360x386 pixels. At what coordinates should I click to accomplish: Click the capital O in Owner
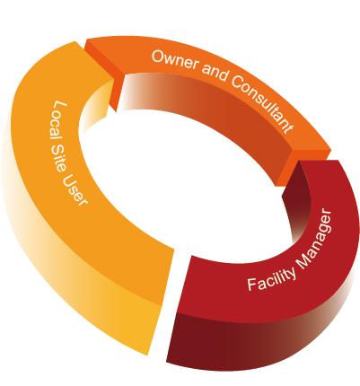[x=158, y=56]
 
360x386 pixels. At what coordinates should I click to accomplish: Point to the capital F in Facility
[x=252, y=285]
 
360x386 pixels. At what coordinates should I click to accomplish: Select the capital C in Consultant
[x=237, y=81]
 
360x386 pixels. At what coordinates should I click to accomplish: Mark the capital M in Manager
[x=303, y=262]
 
